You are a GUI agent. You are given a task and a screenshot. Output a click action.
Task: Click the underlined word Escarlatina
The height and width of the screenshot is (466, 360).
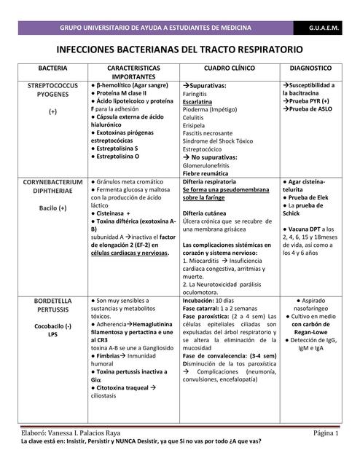(197, 103)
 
